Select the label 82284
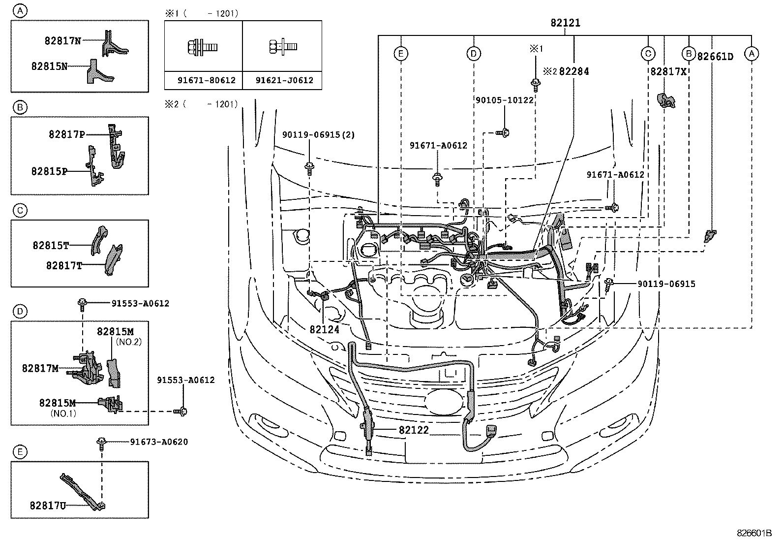(574, 71)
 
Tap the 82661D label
(715, 57)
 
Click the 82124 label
(324, 329)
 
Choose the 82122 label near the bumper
(414, 430)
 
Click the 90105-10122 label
(504, 100)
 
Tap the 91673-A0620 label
(159, 442)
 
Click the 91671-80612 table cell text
(207, 80)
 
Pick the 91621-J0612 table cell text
(284, 80)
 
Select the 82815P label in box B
(49, 171)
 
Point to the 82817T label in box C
(64, 265)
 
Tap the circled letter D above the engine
(473, 53)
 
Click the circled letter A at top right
(751, 53)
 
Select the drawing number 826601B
(754, 533)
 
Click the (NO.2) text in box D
(128, 342)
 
